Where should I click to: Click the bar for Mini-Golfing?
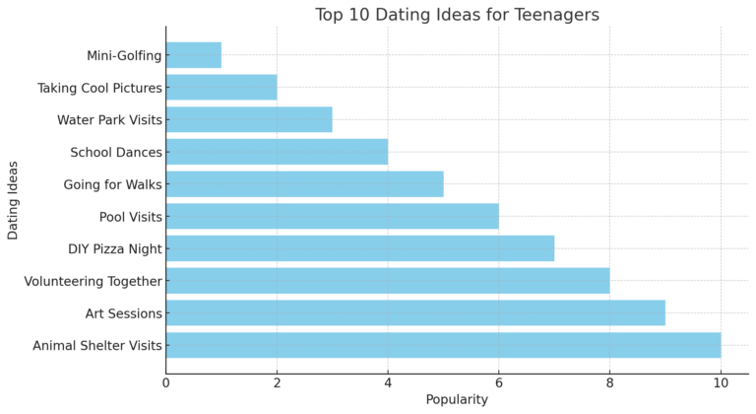[194, 55]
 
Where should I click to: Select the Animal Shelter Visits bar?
[443, 345]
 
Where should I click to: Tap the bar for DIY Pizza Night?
[360, 248]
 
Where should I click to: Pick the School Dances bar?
[277, 152]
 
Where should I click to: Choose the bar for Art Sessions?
[415, 312]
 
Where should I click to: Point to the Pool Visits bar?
[333, 216]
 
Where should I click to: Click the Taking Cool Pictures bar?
[221, 88]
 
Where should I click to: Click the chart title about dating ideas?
[457, 15]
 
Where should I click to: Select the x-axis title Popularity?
[457, 399]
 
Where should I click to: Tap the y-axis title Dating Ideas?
[13, 200]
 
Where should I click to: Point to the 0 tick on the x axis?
[166, 382]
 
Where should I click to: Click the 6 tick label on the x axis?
[499, 382]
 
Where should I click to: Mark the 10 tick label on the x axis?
[721, 382]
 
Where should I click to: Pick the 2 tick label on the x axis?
[277, 382]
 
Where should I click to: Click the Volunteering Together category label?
[93, 281]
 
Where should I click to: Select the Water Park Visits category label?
[109, 120]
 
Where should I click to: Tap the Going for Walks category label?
[112, 184]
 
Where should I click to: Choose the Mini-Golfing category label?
[124, 56]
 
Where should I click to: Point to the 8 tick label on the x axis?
[609, 382]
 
